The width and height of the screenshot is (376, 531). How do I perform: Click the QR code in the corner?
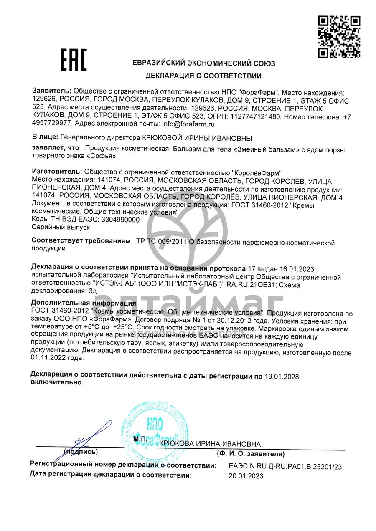339,36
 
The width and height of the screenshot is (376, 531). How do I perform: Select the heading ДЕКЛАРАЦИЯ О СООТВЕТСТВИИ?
203,76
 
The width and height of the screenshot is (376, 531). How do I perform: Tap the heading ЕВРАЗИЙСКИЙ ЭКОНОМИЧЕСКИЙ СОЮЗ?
203,63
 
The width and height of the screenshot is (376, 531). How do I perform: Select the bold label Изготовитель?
57,172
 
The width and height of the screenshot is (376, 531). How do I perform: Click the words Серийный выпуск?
61,228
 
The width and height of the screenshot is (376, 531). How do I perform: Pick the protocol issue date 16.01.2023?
298,268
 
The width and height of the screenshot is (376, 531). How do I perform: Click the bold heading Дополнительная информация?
84,303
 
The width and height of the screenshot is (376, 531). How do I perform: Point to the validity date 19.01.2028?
282,377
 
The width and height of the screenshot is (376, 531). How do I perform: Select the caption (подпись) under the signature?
81,452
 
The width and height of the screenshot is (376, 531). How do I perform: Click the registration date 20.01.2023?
246,476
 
